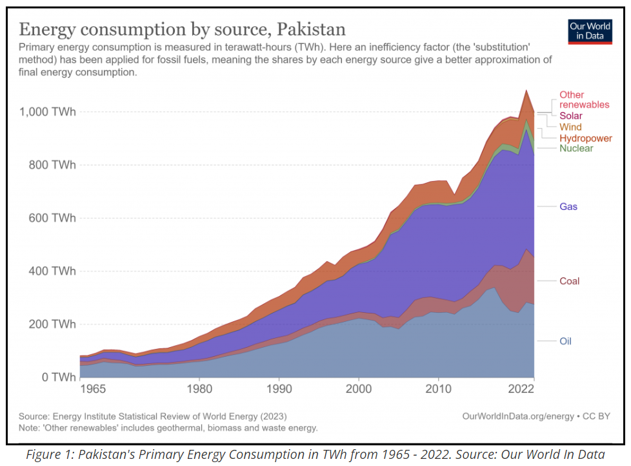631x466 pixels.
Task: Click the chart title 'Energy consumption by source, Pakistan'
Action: tap(182, 29)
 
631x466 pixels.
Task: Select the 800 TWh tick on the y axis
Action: tap(52, 165)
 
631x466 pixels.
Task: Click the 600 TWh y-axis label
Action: tap(52, 218)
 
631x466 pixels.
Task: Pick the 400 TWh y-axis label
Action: tap(52, 271)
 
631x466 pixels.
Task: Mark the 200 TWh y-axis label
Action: tap(52, 324)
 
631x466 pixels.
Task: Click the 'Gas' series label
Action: tap(568, 207)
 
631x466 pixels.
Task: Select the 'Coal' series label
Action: tap(570, 281)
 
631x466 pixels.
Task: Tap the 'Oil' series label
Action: tap(565, 341)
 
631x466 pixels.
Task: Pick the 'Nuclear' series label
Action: tap(576, 149)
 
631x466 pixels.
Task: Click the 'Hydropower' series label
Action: tap(585, 138)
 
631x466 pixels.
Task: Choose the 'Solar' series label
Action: tap(571, 116)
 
